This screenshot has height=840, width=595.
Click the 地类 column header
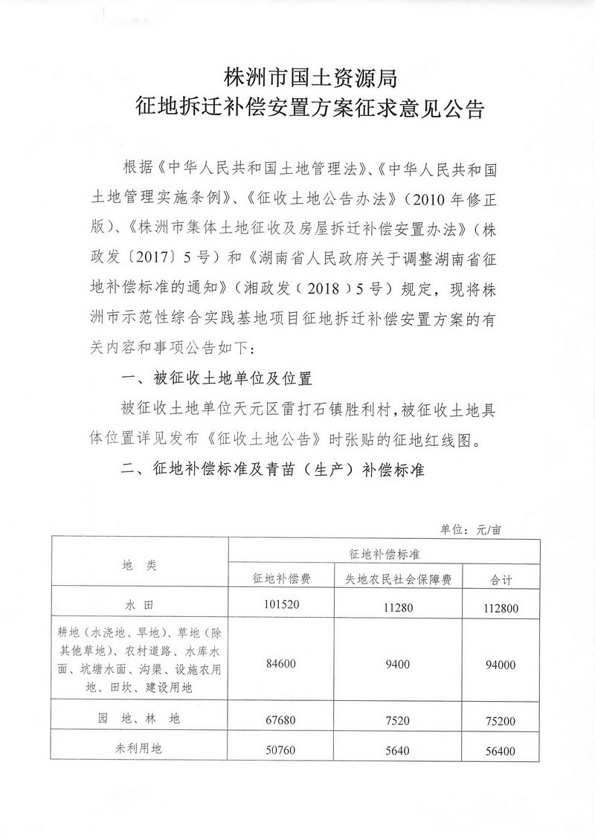[x=139, y=565]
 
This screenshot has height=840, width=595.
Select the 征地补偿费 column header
[x=279, y=578]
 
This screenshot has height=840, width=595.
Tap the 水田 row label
[x=139, y=604]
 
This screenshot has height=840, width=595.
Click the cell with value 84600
[x=280, y=664]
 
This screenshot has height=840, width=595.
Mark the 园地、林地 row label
[x=139, y=720]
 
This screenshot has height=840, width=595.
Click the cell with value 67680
[x=280, y=720]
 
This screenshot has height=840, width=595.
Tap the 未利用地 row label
[x=139, y=749]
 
